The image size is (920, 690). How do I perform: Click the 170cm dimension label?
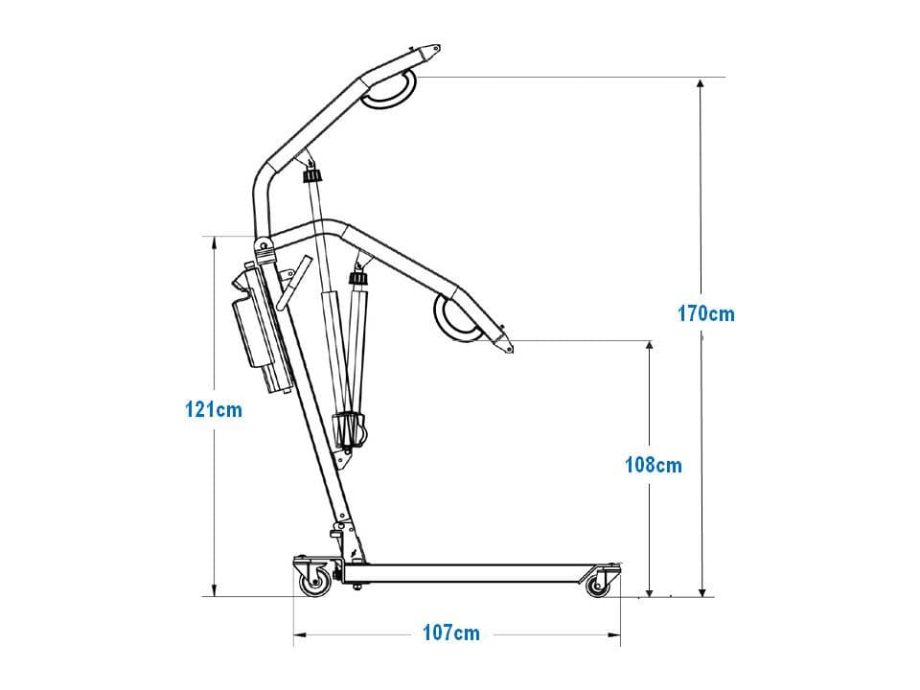pos(706,314)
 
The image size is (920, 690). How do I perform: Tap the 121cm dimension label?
pos(214,409)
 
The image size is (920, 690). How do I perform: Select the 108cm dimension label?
pos(653,466)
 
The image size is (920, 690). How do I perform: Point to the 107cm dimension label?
pos(451,633)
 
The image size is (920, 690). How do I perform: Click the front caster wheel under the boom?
pos(598,585)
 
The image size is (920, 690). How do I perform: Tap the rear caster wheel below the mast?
pos(315,584)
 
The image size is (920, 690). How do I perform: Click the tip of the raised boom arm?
pos(439,47)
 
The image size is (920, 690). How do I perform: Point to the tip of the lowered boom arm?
pos(512,351)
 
